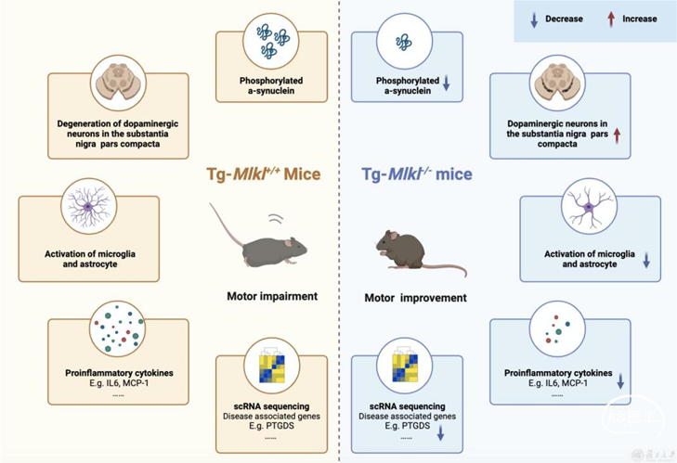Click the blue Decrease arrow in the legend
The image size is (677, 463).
click(x=533, y=19)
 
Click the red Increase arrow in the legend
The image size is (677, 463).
click(x=610, y=19)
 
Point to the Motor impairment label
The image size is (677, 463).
click(x=272, y=298)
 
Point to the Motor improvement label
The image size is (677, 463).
click(x=415, y=298)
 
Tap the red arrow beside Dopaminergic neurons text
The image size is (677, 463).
click(x=617, y=135)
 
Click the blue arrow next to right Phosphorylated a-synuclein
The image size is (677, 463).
click(x=447, y=85)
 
